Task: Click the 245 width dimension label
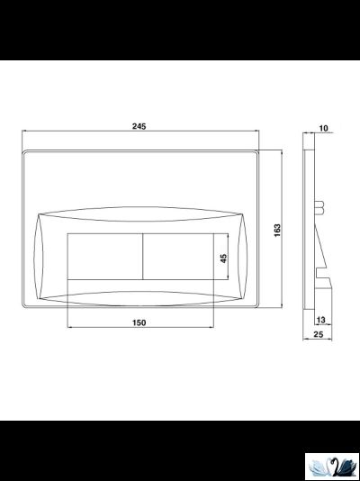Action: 139,126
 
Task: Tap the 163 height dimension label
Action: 277,231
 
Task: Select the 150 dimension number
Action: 139,322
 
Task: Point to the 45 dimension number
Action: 224,259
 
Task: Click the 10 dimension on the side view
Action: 323,128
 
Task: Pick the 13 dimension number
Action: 320,321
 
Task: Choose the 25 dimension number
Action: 319,334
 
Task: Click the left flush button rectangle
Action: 105,257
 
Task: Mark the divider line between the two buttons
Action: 143,257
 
